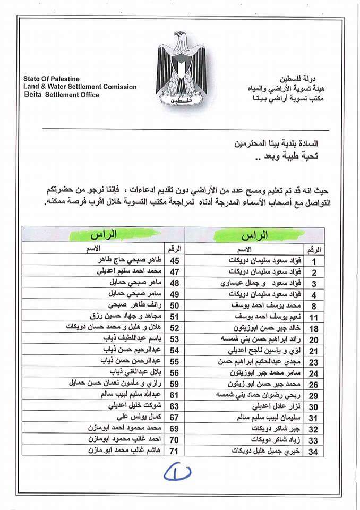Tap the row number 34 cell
(314, 451)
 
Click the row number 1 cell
(314, 261)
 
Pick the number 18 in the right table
(314, 328)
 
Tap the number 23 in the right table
(314, 362)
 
